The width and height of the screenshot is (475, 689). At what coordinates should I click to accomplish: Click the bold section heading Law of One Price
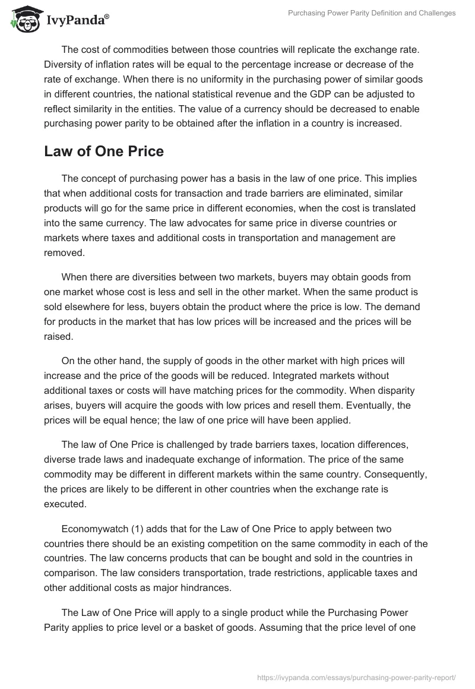(103, 151)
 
